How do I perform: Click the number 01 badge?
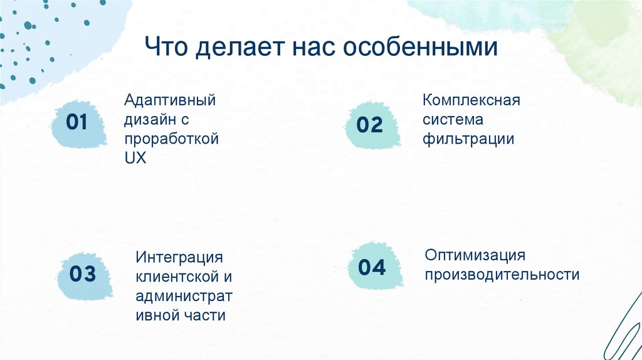tap(76, 122)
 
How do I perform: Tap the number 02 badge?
tap(370, 125)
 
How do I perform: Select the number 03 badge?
tap(83, 273)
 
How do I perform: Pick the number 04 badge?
tap(372, 268)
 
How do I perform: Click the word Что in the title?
tap(167, 48)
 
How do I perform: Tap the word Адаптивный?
tap(170, 100)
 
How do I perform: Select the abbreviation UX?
tap(135, 159)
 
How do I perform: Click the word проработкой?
tap(171, 139)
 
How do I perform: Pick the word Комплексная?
tap(471, 100)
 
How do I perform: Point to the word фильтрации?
tap(468, 139)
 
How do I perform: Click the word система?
tap(453, 120)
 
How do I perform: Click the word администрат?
tap(184, 296)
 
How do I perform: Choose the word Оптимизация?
tap(475, 255)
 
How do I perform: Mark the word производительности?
tap(502, 275)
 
